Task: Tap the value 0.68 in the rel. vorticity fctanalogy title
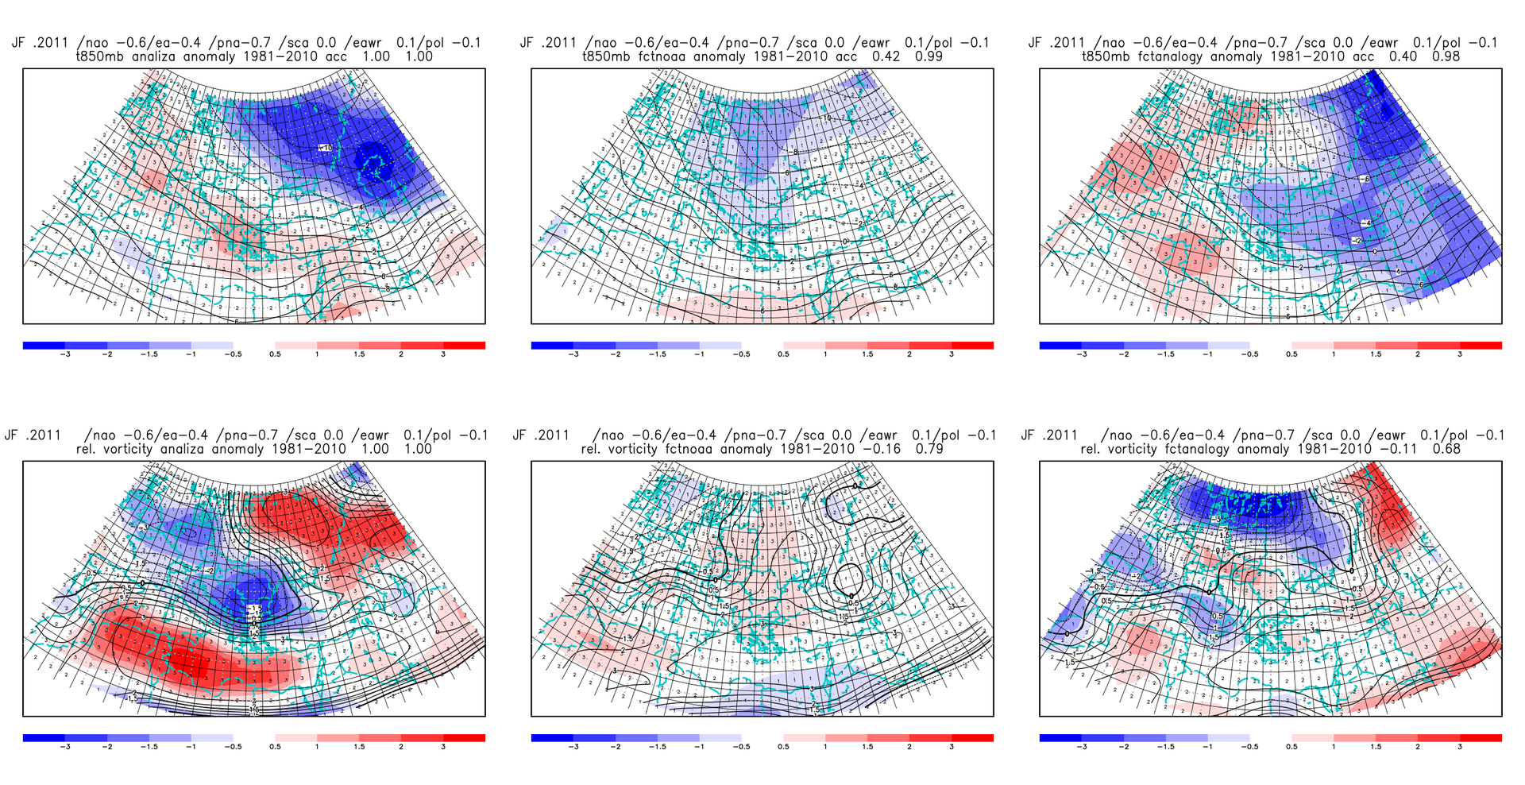tap(1444, 449)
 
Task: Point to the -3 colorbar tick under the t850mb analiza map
tap(65, 354)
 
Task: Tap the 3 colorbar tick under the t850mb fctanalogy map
tap(1460, 354)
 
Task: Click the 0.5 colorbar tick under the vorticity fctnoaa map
tap(783, 747)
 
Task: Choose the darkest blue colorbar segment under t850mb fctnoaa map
tap(552, 346)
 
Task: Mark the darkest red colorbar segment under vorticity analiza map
tap(464, 738)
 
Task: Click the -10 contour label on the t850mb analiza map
tap(326, 148)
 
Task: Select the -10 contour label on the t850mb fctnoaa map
tap(826, 118)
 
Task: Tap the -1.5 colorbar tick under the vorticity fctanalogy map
tap(1165, 747)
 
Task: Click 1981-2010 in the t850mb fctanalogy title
tap(1310, 56)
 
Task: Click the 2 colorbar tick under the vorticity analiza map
tap(401, 747)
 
